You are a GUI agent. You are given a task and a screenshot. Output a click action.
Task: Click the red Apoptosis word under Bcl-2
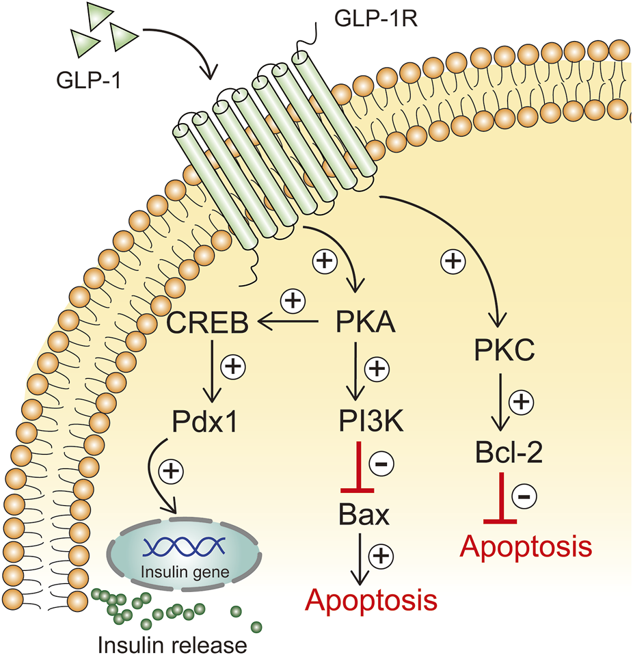pyautogui.click(x=525, y=546)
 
